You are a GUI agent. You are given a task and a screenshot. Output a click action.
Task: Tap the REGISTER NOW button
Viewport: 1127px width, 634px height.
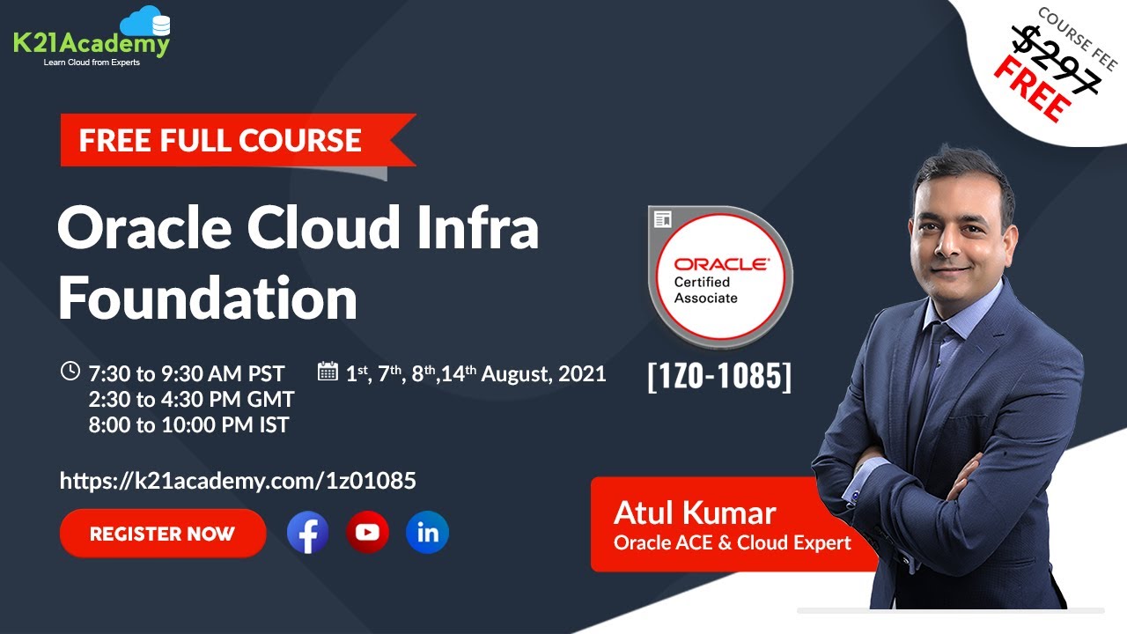(163, 533)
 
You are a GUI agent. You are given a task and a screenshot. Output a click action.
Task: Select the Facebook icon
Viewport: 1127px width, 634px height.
(308, 533)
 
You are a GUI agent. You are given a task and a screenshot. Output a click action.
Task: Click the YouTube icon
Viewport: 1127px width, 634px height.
(367, 533)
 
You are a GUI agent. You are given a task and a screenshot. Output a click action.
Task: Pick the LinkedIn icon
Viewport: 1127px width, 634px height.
(428, 533)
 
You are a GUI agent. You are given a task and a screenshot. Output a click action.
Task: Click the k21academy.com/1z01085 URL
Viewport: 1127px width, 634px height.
(238, 481)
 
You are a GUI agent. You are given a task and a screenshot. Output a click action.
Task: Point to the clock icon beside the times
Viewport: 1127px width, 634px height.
(70, 372)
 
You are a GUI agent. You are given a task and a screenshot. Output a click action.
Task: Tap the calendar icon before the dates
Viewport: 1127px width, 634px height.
(328, 372)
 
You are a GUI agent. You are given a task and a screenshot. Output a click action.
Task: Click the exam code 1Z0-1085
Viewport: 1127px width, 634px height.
(719, 376)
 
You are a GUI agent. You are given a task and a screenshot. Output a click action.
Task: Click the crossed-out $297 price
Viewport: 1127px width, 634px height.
(1055, 60)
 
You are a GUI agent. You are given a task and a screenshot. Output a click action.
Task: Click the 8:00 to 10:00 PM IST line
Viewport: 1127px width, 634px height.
(188, 424)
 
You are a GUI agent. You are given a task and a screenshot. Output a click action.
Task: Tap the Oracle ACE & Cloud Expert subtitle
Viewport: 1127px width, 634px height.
(732, 542)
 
